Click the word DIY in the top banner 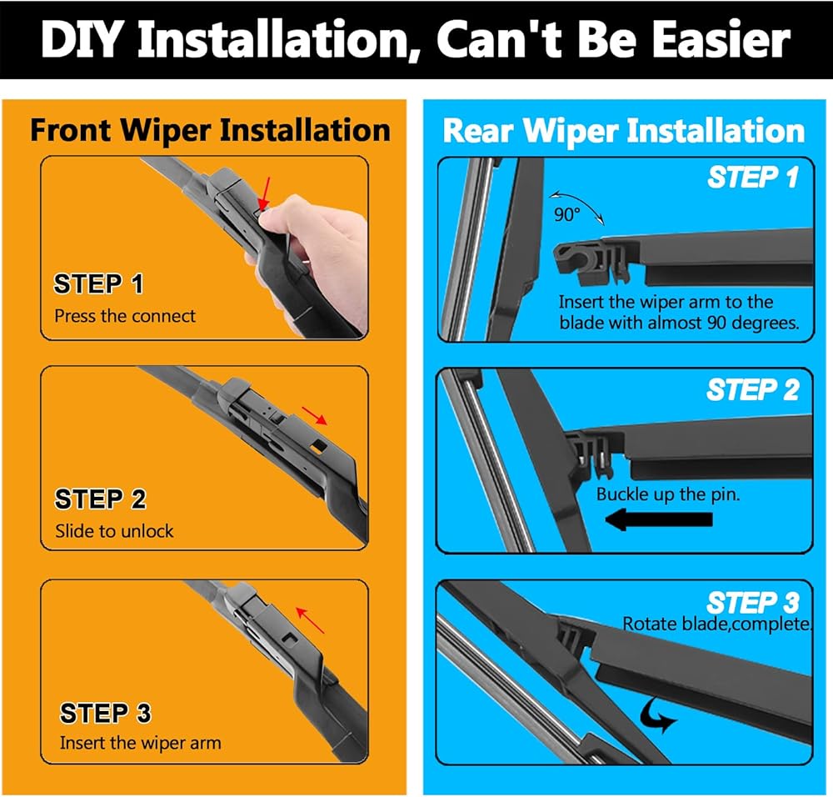coord(82,40)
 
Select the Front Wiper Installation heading coord(211,131)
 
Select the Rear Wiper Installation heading coord(624,131)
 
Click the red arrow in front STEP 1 coord(265,193)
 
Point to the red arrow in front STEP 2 coord(315,416)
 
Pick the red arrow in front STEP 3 coord(310,620)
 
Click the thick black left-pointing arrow coord(659,519)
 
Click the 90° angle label coord(566,215)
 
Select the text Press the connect coord(125,316)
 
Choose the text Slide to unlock coord(114,530)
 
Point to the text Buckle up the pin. coord(668,494)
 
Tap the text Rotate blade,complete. coord(717,624)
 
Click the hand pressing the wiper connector coord(313,255)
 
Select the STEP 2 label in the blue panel coord(753,389)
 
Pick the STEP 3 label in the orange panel coord(105,713)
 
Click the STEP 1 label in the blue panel coord(753,177)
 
